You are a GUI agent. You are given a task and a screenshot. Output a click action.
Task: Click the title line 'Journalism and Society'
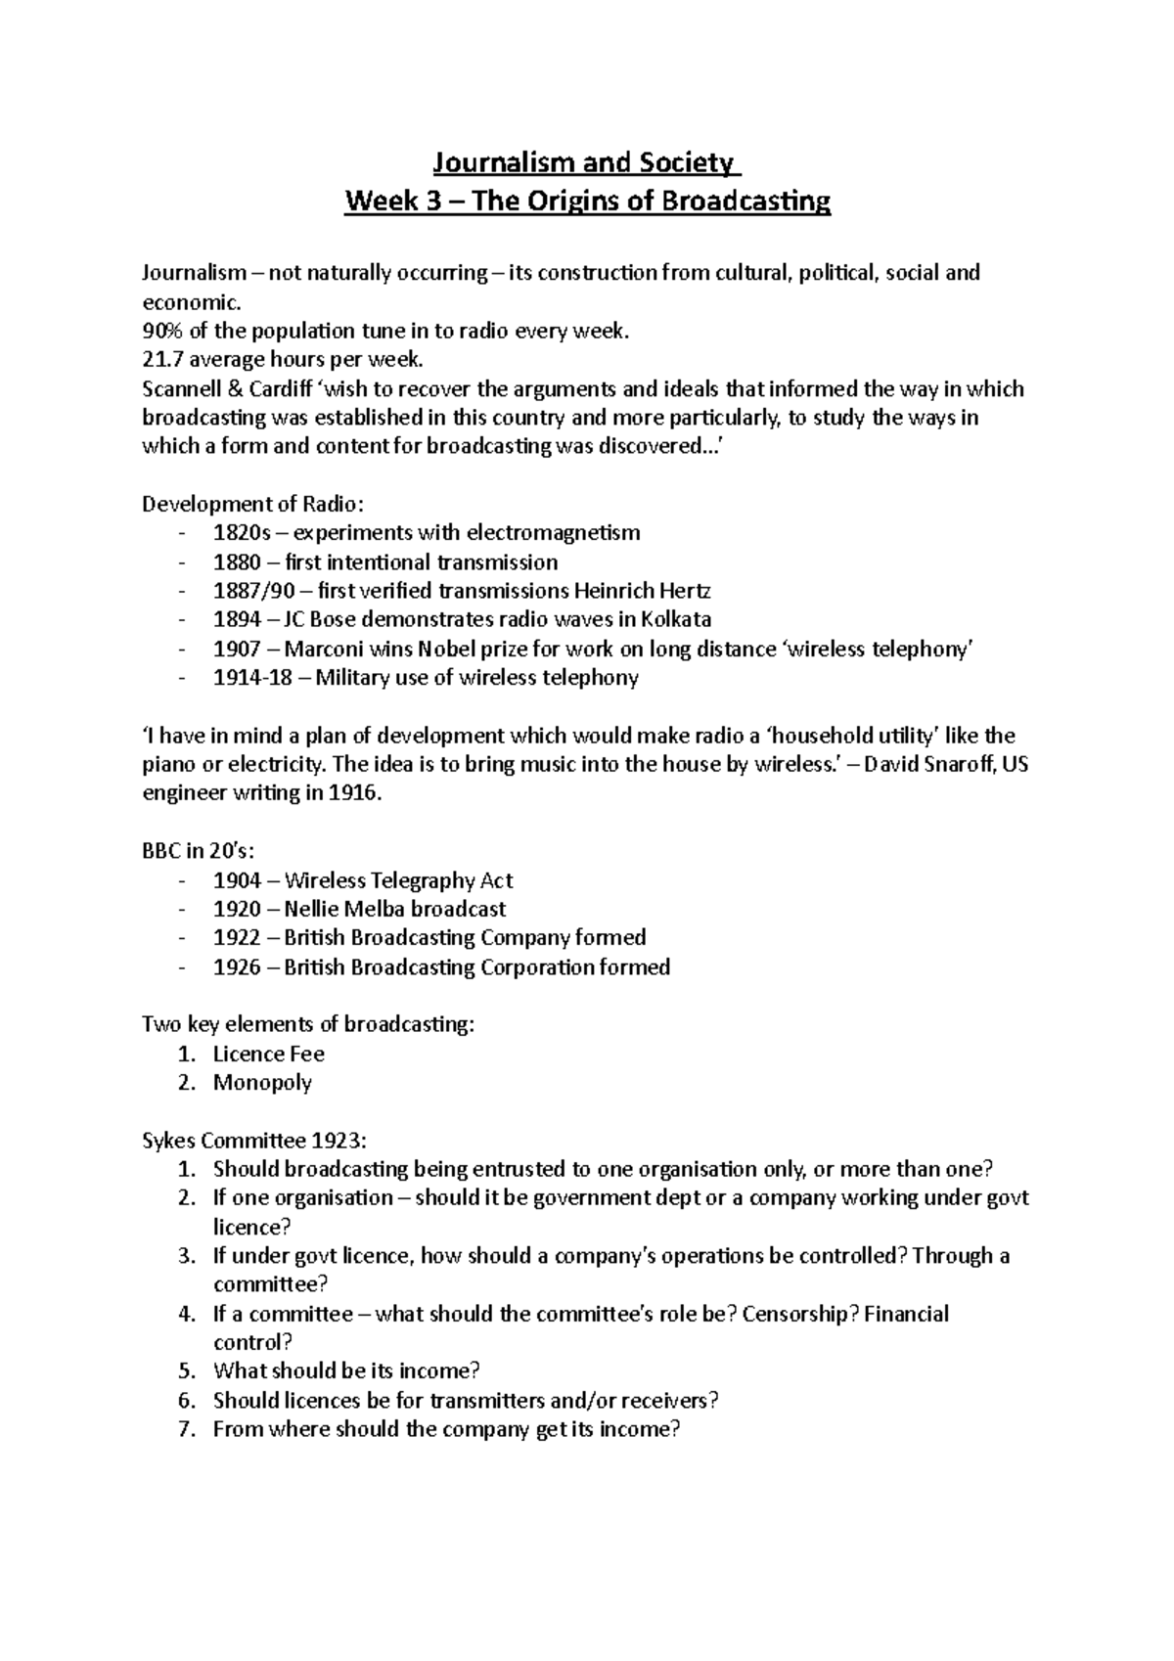[x=587, y=162]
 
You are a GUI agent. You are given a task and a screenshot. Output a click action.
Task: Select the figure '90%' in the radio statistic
[x=162, y=332]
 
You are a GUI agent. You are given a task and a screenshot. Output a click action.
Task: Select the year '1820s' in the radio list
[x=238, y=533]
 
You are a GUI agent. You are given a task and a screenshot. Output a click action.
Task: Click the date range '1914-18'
[x=252, y=678]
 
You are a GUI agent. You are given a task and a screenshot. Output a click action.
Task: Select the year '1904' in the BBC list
[x=237, y=880]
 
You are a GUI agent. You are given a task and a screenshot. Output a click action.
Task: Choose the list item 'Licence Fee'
[x=268, y=1055]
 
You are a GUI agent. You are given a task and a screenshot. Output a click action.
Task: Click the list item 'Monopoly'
[x=262, y=1083]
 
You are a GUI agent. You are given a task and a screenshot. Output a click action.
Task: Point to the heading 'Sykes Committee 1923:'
[x=254, y=1141]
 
